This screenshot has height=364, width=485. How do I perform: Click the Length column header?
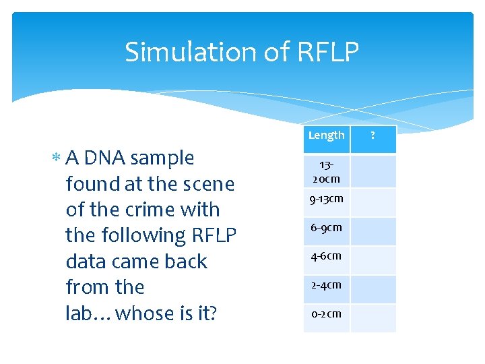(x=327, y=135)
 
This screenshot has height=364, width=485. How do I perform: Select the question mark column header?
(x=374, y=135)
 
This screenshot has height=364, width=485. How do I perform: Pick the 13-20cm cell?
(x=327, y=172)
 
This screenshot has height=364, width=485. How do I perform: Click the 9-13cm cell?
(x=327, y=199)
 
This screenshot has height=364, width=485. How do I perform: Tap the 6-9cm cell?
(x=327, y=228)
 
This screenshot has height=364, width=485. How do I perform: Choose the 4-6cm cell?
(x=327, y=256)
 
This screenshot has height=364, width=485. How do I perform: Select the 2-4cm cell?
(x=327, y=285)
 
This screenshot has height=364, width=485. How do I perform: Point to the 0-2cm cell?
(x=327, y=314)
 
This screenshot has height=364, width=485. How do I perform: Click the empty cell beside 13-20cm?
(x=374, y=172)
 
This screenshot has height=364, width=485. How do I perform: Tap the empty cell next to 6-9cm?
(x=374, y=228)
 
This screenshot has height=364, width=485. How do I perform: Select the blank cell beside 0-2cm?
(x=374, y=314)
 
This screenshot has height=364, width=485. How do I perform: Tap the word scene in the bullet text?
(x=209, y=184)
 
